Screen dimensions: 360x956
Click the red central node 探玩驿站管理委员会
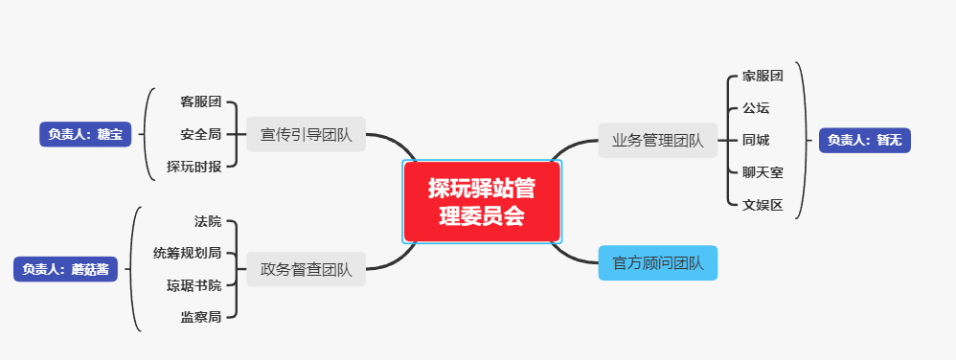(482, 201)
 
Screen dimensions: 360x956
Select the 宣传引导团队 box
(306, 135)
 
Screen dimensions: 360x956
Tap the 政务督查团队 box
(306, 269)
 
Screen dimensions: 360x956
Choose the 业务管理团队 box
(657, 141)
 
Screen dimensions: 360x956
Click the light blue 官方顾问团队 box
(657, 262)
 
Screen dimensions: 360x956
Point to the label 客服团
(201, 101)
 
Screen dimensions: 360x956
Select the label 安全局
(201, 134)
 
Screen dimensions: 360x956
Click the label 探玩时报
(194, 167)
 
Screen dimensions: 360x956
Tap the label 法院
(208, 221)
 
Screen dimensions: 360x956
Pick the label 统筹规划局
(188, 253)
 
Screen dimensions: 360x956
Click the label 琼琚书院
(194, 285)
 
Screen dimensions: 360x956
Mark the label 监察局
(201, 317)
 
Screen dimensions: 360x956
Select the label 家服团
(763, 76)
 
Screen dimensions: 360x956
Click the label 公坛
(756, 108)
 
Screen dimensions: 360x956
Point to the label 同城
(756, 140)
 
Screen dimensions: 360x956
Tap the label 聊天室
(763, 172)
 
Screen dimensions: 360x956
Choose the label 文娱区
(763, 205)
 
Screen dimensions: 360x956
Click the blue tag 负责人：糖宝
(85, 134)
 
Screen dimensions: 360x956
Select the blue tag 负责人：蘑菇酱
(65, 269)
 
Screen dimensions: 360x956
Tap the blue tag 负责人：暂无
(864, 140)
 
